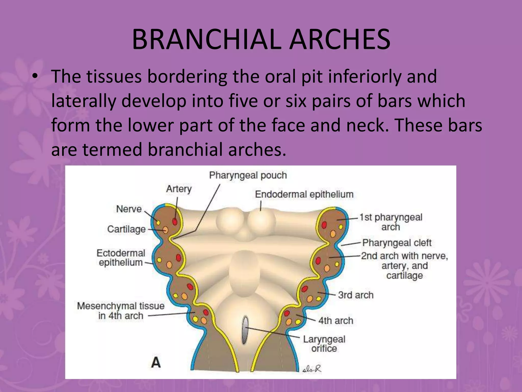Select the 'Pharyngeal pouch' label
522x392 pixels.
tap(248, 175)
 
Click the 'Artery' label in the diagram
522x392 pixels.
tap(179, 189)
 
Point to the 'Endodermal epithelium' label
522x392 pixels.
tap(304, 194)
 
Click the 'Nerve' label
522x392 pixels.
tap(129, 209)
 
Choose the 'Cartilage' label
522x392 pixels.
tap(126, 229)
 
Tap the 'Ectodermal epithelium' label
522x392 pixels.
tap(121, 258)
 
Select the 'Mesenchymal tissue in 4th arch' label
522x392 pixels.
tap(121, 311)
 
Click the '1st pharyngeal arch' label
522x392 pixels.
tap(391, 222)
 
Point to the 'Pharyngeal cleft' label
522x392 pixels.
tap(397, 243)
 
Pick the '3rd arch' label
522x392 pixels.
tap(356, 295)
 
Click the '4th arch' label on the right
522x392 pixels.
tap(336, 321)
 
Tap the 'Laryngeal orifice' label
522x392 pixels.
tap(324, 344)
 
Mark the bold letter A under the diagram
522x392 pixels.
tap(156, 362)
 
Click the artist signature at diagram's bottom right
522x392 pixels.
tap(312, 369)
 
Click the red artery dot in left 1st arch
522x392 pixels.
tap(175, 221)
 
